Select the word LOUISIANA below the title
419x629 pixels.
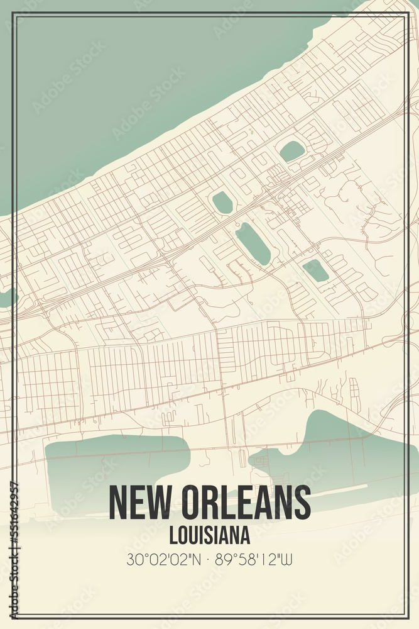pyautogui.click(x=210, y=535)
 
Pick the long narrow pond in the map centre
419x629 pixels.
pyautogui.click(x=253, y=244)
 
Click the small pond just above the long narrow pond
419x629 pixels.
pyautogui.click(x=222, y=203)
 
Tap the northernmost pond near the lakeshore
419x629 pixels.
pyautogui.click(x=291, y=151)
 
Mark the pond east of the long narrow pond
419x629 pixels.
pyautogui.click(x=315, y=270)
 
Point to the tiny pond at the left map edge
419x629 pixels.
pyautogui.click(x=8, y=298)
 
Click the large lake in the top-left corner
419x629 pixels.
pyautogui.click(x=126, y=82)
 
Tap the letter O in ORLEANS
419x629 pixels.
pyautogui.click(x=193, y=503)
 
